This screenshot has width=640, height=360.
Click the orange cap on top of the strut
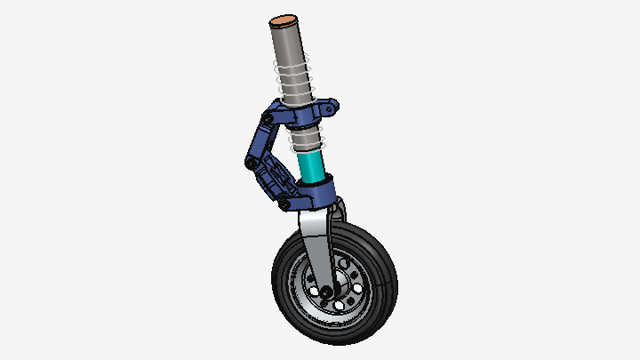point(284,18)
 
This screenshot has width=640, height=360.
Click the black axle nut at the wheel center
point(326,292)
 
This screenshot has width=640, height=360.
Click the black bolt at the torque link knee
point(252,163)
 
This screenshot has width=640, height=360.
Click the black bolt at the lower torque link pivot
point(284,204)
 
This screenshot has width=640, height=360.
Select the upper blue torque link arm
point(261,138)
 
